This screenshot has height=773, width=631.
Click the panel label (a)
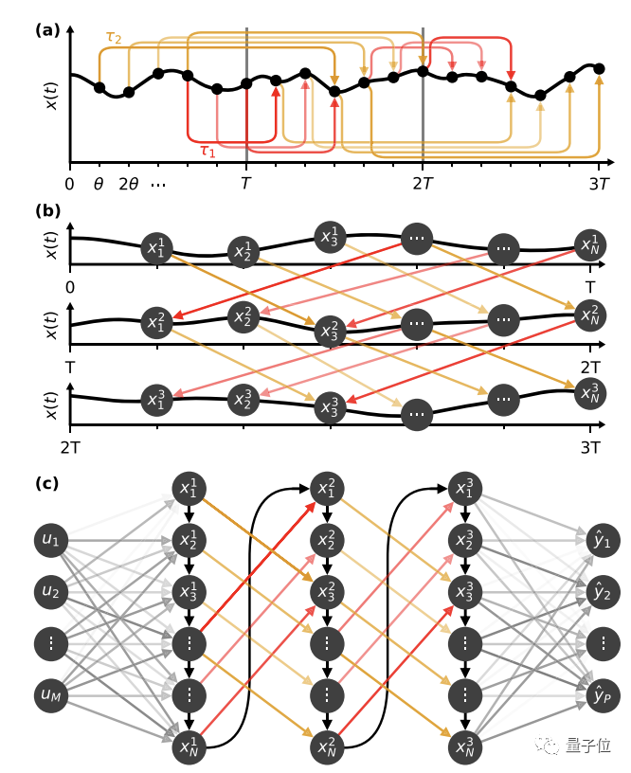[x=47, y=29]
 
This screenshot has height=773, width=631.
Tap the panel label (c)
[x=47, y=483]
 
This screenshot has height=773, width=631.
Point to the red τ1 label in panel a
[x=207, y=151]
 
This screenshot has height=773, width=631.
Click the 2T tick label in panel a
[x=423, y=184]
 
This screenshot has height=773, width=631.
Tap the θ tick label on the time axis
[x=99, y=184]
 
